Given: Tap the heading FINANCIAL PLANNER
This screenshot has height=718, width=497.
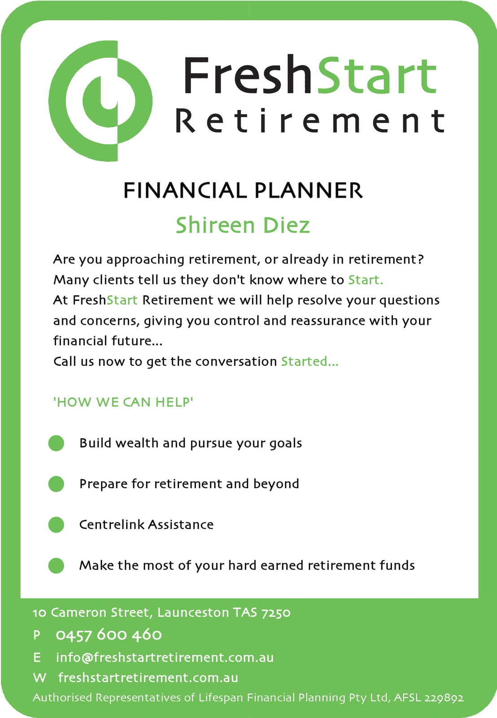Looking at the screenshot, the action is pyautogui.click(x=243, y=190).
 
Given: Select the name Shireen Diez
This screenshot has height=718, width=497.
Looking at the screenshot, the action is pyautogui.click(x=243, y=225).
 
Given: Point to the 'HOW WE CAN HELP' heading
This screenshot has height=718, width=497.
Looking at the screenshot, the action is pyautogui.click(x=123, y=402).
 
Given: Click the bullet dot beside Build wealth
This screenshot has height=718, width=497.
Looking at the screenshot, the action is pyautogui.click(x=56, y=443).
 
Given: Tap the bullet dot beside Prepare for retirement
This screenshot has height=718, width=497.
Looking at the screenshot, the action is pyautogui.click(x=56, y=484).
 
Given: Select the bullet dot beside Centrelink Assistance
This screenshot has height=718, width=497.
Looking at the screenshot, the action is pyautogui.click(x=56, y=525).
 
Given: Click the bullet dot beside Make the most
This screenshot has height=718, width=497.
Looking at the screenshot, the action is pyautogui.click(x=56, y=565).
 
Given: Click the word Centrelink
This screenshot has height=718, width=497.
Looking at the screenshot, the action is pyautogui.click(x=112, y=525).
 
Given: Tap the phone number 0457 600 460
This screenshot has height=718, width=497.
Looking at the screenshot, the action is pyautogui.click(x=109, y=635).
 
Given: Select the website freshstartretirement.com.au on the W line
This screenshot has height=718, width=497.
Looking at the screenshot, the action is pyautogui.click(x=148, y=678).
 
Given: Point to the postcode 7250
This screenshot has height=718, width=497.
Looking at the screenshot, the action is pyautogui.click(x=276, y=613).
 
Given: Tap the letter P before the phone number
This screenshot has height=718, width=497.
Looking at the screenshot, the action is pyautogui.click(x=37, y=635).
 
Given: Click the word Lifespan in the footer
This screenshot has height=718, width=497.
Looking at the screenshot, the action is pyautogui.click(x=221, y=698).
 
